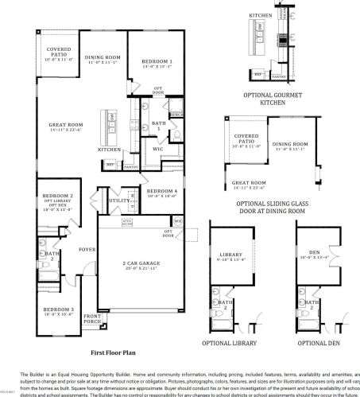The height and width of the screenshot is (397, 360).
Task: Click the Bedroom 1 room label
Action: (157, 62)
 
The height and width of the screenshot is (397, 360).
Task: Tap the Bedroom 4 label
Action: (161, 192)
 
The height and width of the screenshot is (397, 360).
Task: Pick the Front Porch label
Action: (93, 319)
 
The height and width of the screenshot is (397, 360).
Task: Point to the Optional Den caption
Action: (316, 342)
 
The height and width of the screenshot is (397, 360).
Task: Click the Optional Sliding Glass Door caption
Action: (274, 207)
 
